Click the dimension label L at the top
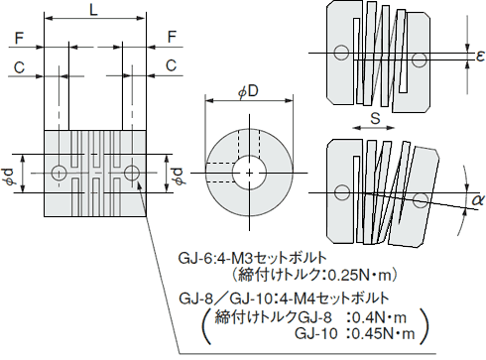(93, 11)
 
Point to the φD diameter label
(247, 91)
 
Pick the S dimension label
(375, 118)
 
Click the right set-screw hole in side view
(132, 174)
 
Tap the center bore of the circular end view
(247, 172)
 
